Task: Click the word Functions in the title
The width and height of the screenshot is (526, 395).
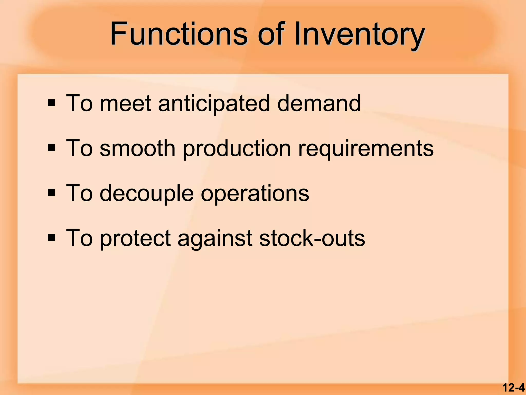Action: click(179, 34)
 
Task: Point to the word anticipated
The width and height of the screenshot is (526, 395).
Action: click(214, 104)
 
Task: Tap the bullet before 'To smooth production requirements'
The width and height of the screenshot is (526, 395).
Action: click(51, 148)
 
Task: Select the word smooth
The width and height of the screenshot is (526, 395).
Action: click(137, 148)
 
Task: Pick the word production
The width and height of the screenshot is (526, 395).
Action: click(237, 149)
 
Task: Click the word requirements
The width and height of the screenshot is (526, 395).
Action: click(366, 149)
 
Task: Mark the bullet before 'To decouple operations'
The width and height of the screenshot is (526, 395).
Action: click(51, 193)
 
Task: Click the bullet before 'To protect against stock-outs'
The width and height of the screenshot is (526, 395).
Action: click(51, 238)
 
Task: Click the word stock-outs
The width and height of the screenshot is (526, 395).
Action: click(312, 238)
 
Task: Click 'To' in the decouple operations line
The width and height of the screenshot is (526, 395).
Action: click(79, 193)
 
